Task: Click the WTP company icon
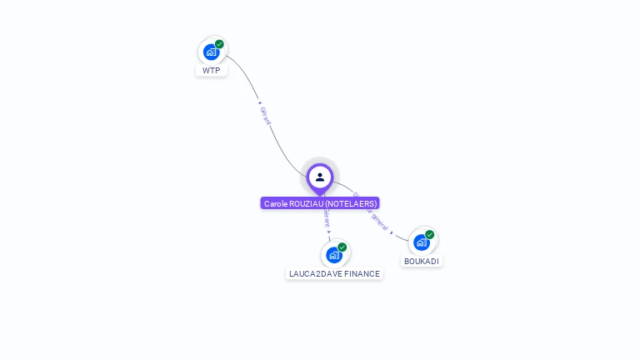click(212, 52)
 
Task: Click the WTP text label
click(212, 71)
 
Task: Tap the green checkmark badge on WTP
click(219, 44)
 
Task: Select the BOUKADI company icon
click(422, 242)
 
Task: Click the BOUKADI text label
click(422, 261)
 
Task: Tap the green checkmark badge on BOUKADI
click(429, 235)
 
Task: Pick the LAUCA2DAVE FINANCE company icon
click(334, 255)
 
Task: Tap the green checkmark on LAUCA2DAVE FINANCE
click(342, 247)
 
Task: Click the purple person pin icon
click(320, 177)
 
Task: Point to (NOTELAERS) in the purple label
click(350, 203)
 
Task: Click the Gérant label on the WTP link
click(266, 116)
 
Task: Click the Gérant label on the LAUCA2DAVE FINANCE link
click(327, 218)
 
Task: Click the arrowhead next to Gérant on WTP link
click(260, 103)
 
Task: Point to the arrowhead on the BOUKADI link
click(392, 232)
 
